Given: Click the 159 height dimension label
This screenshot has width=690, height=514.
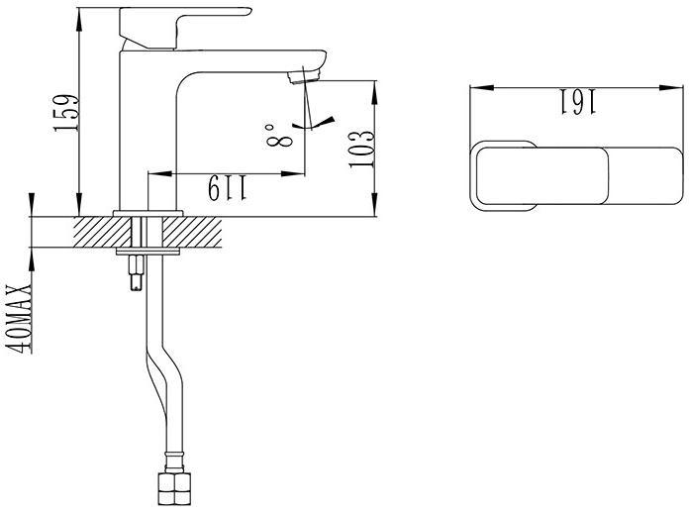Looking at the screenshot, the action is coord(66,112).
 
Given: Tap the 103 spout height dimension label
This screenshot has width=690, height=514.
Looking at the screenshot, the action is coord(361,149).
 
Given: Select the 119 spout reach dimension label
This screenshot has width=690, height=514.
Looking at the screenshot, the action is coord(228,188).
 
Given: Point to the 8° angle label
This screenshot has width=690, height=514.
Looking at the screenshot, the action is coord(278,135).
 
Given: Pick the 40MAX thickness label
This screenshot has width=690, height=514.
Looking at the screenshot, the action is coord(19,319).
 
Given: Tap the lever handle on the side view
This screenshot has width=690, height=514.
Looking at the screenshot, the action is coord(185,28).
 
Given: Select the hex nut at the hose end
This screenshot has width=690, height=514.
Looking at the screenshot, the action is coord(174,488).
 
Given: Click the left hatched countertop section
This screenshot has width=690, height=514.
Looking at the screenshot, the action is coord(103,232).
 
